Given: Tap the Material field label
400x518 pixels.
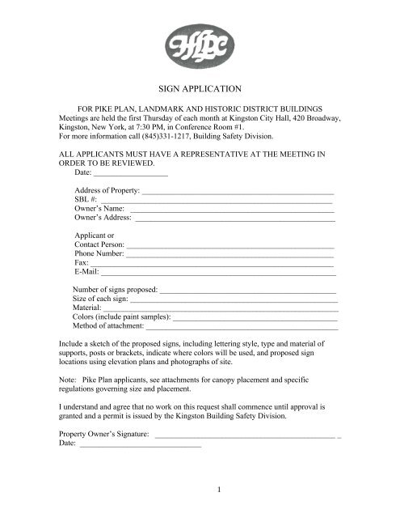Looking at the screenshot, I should (86, 308).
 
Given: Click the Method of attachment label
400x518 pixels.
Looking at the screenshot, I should (108, 327).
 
